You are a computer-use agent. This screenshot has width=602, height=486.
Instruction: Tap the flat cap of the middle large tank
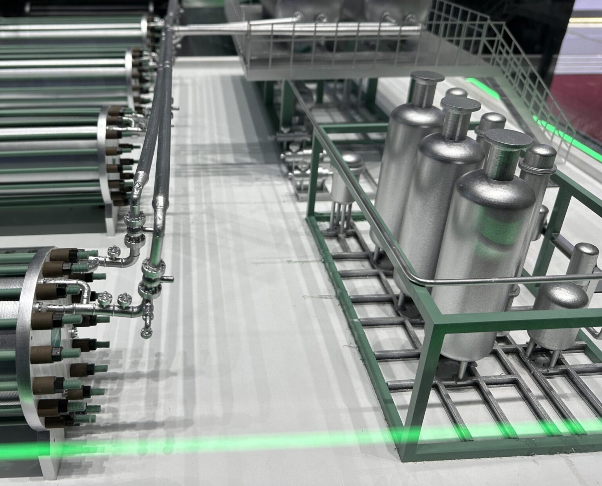[x=461, y=104]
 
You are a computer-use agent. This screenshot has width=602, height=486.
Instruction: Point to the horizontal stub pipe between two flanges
[x=167, y=279]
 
